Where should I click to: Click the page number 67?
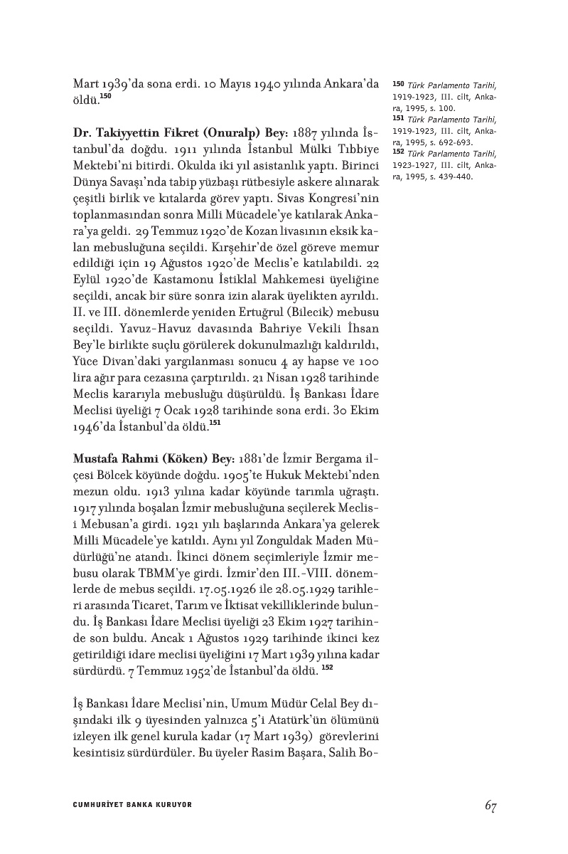click(x=490, y=806)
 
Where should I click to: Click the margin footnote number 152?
click(x=398, y=152)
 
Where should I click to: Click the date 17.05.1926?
click(x=205, y=590)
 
